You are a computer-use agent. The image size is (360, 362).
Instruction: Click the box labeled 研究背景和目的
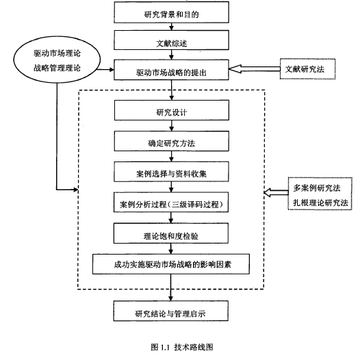(171, 12)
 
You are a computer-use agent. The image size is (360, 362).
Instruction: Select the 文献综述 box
(171, 40)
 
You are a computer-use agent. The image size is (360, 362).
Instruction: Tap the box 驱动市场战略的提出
(171, 70)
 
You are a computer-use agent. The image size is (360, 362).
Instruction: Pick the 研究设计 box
(172, 110)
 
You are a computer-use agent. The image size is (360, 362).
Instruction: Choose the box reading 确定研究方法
(172, 141)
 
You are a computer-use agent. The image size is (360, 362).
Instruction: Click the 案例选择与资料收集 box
(171, 172)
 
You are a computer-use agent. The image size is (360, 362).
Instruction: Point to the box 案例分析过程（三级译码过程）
(171, 202)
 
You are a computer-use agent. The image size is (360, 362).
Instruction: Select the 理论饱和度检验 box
(171, 233)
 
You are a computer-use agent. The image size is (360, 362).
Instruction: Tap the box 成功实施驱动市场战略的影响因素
(171, 264)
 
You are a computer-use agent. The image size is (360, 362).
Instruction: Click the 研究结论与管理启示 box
(171, 311)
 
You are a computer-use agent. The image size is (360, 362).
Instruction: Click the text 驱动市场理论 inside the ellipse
(57, 53)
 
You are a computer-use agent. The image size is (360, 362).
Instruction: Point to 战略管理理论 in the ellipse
(57, 68)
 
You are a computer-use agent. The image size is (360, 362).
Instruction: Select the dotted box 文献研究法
(307, 69)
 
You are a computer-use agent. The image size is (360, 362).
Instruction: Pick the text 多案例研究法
(317, 188)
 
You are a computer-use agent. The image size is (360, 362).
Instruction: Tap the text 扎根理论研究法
(320, 203)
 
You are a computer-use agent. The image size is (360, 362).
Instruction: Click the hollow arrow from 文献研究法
(254, 69)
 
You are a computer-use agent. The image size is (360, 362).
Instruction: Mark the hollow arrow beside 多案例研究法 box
(276, 193)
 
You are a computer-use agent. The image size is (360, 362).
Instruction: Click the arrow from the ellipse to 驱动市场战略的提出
(105, 70)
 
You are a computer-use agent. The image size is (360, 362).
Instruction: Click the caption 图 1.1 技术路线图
(182, 347)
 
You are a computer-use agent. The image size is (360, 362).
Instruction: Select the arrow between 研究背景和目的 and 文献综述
(171, 27)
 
